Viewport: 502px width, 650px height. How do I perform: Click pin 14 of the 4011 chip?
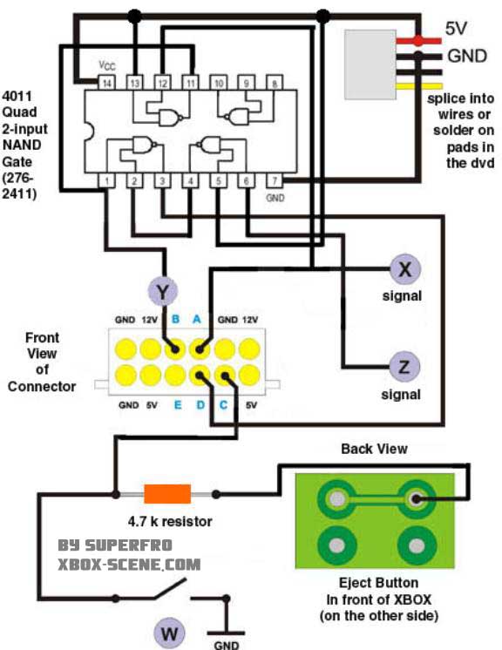point(106,83)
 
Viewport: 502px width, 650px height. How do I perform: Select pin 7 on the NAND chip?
point(275,180)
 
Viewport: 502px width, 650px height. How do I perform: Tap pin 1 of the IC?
point(106,180)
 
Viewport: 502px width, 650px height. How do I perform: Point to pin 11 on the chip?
point(190,83)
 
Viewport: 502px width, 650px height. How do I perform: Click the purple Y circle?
point(163,291)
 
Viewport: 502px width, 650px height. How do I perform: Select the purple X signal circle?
point(405,269)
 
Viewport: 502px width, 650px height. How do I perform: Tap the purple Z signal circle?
point(404,367)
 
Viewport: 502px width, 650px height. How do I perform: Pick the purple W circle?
point(169,633)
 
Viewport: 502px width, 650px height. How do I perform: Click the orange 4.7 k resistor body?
point(167,494)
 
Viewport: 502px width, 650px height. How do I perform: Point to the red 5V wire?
point(418,41)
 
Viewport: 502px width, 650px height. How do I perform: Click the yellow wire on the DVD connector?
point(419,86)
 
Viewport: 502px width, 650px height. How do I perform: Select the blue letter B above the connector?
point(175,319)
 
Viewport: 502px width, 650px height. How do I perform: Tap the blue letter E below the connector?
point(178,404)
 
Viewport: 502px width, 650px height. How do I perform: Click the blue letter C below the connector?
point(223,404)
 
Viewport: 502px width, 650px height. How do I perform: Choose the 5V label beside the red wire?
point(457,28)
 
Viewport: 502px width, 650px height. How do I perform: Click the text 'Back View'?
point(374,449)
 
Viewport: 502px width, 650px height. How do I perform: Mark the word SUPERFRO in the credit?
point(128,545)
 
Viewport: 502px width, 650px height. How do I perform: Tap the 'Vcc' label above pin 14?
point(107,65)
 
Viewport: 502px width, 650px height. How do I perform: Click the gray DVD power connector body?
point(370,64)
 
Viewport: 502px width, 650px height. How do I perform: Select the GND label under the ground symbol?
point(227,645)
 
